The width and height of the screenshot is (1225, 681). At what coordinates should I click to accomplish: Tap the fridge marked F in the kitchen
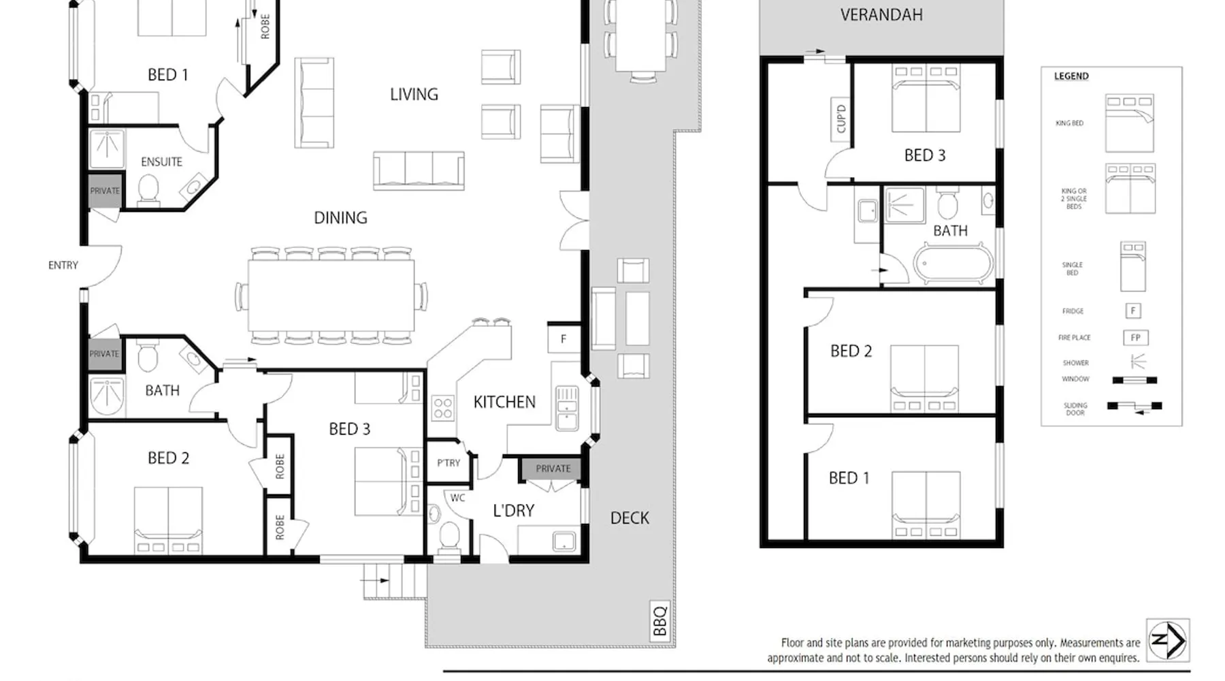pos(563,338)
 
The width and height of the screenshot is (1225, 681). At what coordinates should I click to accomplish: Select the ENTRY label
pos(63,265)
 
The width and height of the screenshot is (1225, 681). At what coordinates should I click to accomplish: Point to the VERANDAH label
pos(881,15)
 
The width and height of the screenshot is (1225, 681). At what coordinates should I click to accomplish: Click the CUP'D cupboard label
pos(841,119)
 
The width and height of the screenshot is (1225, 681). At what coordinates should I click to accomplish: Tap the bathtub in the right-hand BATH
pos(953,264)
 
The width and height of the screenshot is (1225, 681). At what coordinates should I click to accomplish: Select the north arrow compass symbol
pos(1168,640)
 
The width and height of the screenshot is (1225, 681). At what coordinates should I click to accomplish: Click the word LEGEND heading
pos(1071,76)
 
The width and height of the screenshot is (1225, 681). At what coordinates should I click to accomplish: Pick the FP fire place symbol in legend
pos(1135,337)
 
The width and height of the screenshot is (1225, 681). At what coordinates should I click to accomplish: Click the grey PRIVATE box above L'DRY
pos(553,469)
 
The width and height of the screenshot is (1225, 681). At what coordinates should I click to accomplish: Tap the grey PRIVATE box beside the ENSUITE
pos(104,191)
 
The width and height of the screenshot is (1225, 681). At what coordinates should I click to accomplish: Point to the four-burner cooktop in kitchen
pos(443,409)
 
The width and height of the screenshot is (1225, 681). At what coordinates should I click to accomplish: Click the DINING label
pos(340,218)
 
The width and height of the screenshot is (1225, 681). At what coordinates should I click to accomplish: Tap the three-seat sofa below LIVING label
pos(419,170)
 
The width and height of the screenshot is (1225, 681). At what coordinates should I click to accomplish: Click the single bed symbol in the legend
pos(1133,267)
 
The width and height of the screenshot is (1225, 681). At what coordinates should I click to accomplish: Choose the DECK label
pos(630,518)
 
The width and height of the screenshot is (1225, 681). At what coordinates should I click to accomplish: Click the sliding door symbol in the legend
pos(1134,407)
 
